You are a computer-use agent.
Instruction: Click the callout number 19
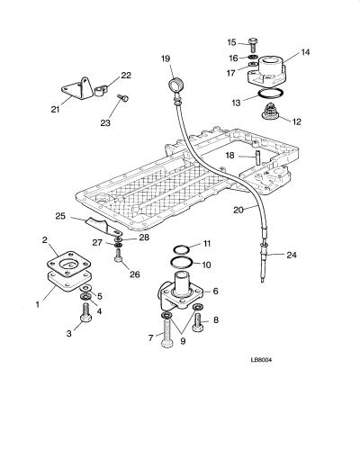tap(166, 58)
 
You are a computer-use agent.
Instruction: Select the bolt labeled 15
tap(253, 45)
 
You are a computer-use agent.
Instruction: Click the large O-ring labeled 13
tap(270, 94)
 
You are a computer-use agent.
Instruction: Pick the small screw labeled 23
tap(123, 97)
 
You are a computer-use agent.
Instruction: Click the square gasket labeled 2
tap(68, 264)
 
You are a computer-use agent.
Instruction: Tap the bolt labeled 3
tap(85, 313)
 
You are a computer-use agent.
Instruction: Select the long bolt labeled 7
tap(166, 332)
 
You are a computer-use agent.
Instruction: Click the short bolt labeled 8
tap(198, 322)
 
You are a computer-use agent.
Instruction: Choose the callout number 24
tap(292, 255)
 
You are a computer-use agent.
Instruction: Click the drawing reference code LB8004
tap(261, 360)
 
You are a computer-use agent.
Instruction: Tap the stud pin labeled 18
tap(257, 157)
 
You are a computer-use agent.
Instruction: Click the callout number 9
tap(183, 341)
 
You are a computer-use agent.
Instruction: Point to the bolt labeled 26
tap(118, 257)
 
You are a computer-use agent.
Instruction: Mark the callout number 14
tap(305, 52)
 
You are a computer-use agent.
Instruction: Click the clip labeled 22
tap(100, 91)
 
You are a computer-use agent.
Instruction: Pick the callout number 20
tap(238, 210)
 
